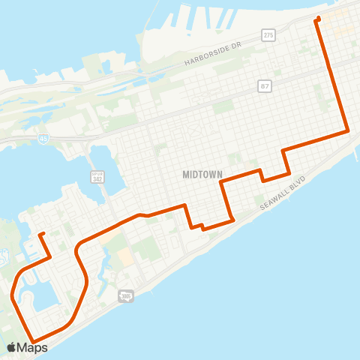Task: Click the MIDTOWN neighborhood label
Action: [202, 174]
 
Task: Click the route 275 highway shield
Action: [268, 35]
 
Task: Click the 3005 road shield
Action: [126, 298]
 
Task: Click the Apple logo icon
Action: [12, 347]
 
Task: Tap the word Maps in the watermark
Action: [32, 347]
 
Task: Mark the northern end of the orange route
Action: [319, 18]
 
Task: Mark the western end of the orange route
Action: [40, 234]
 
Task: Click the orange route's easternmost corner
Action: [348, 131]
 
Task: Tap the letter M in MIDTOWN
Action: [185, 174]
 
